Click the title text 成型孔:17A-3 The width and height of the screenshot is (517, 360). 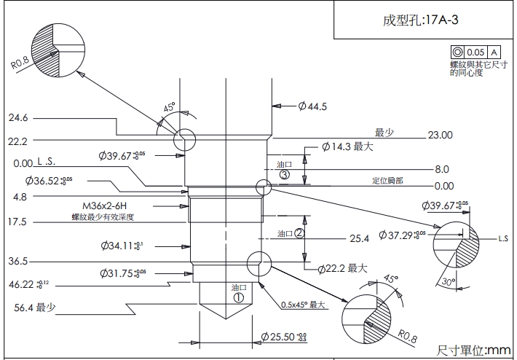point(421,20)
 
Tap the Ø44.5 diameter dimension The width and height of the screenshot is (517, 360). point(312,107)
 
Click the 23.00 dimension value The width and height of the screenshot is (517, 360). point(440,135)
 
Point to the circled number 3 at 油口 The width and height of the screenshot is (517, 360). point(285,175)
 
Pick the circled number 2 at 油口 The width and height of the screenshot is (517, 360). point(298,233)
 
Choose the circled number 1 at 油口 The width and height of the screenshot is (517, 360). point(239,297)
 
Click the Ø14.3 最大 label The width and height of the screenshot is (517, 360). point(347,147)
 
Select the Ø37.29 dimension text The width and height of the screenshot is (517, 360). point(405,235)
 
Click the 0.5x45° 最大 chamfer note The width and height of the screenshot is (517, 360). point(301,305)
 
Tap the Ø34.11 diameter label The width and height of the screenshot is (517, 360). point(122,246)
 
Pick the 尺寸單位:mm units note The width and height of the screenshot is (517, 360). point(475,351)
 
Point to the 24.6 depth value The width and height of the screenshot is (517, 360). point(18,117)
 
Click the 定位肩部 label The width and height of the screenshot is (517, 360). point(387,180)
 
